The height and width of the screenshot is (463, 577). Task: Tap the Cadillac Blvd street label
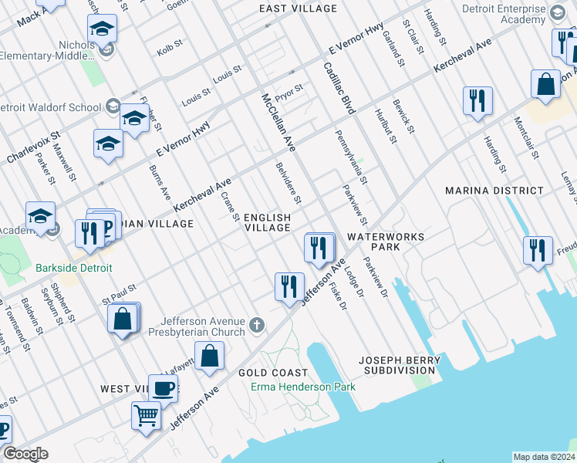(339, 90)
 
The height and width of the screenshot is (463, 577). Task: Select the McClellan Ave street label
(278, 122)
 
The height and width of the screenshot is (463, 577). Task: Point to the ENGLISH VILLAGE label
(268, 223)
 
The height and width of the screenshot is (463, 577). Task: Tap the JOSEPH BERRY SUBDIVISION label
(400, 365)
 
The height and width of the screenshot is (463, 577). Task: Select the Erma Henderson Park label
(302, 386)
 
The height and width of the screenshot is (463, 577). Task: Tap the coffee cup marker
(163, 388)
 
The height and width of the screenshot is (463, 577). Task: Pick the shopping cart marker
(146, 415)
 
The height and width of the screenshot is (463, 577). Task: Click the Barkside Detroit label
(73, 269)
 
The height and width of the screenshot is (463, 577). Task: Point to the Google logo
(25, 454)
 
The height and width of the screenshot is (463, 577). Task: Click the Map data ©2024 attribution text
(544, 457)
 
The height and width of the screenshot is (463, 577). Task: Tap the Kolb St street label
(168, 51)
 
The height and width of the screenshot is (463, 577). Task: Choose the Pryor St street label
(290, 91)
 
